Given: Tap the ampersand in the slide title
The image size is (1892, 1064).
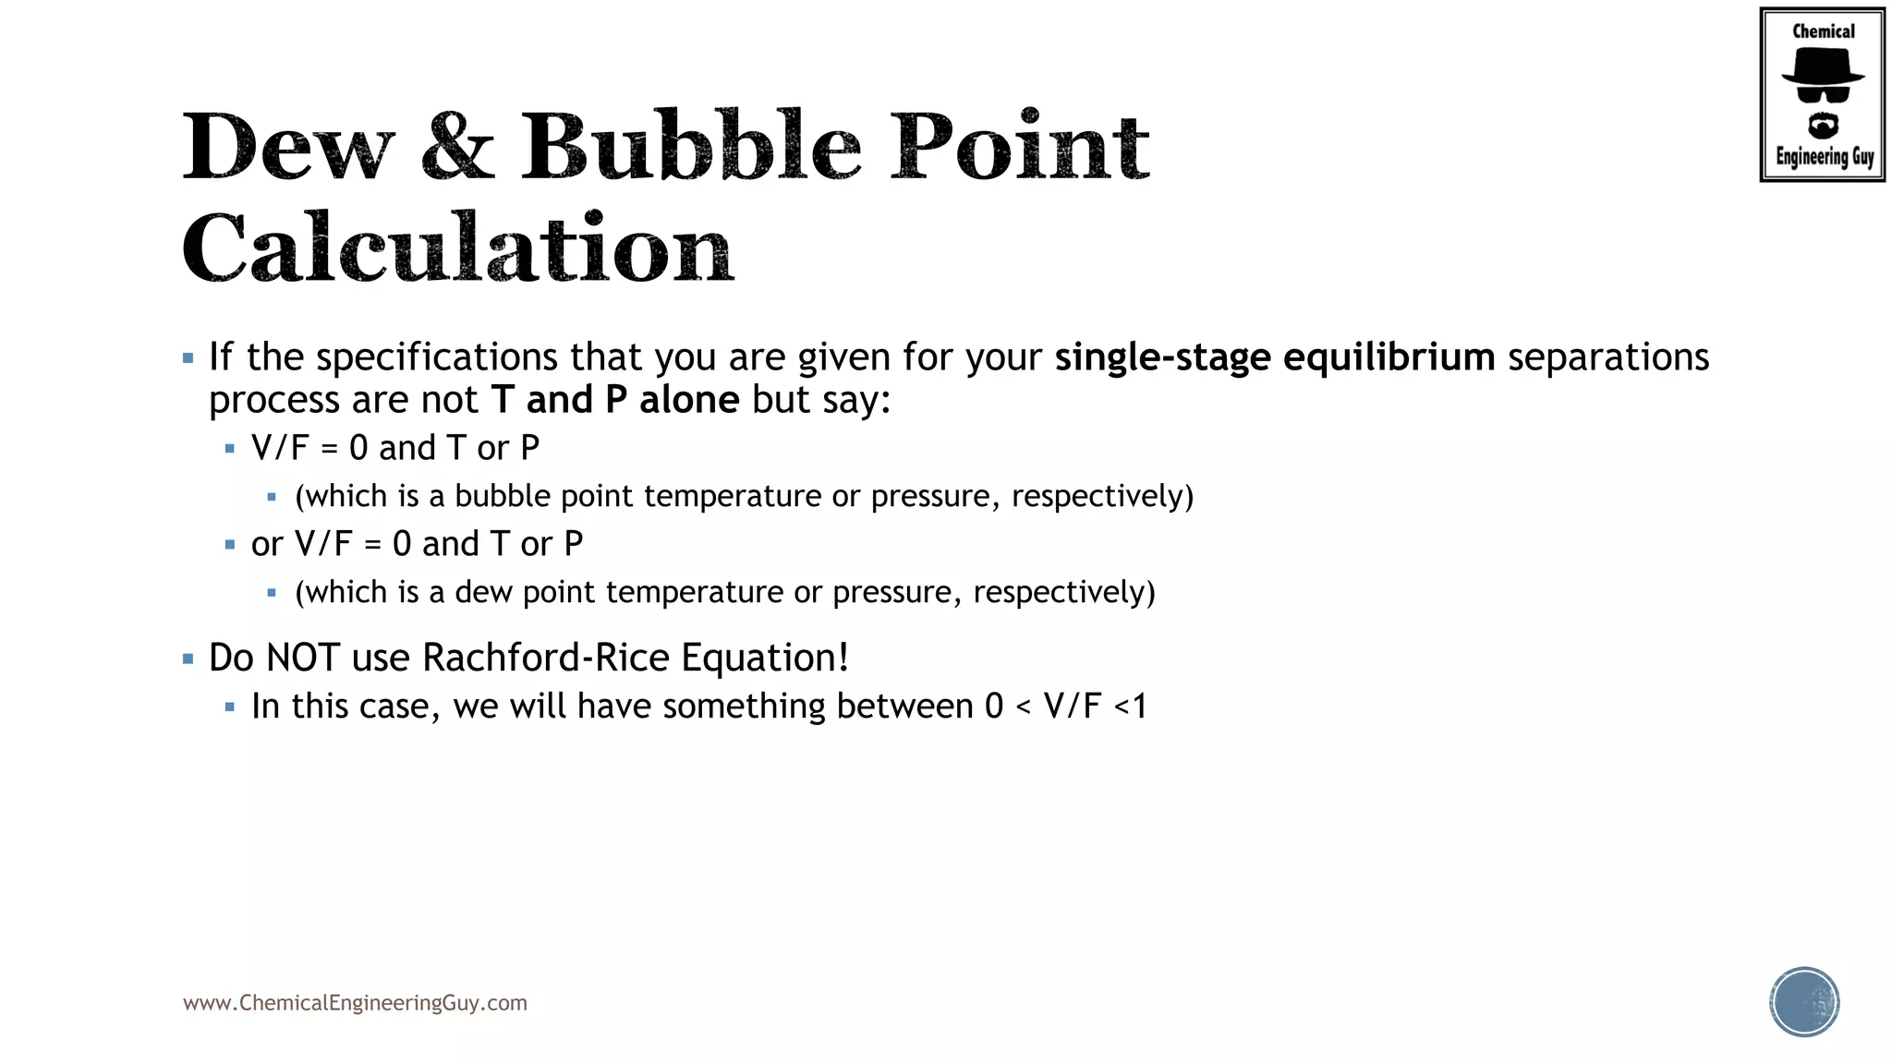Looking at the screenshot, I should [458, 147].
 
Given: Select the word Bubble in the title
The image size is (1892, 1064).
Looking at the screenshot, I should [691, 147].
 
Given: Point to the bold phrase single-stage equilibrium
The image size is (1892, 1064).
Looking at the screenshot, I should [1275, 357].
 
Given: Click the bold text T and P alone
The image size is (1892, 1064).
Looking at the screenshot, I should [615, 400].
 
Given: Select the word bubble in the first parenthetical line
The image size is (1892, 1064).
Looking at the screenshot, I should [503, 496].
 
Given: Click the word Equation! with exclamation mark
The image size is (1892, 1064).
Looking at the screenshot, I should [765, 658].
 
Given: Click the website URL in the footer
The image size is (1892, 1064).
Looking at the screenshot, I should [355, 1003].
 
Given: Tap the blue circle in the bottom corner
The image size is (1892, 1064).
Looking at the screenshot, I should [1804, 1002].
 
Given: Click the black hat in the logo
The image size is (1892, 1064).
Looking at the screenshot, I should [1823, 66].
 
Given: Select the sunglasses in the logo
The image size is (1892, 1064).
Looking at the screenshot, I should [1823, 93].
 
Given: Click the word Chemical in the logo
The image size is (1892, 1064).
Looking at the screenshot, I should [1823, 31].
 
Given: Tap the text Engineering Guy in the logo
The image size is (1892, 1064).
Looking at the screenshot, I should [1824, 157].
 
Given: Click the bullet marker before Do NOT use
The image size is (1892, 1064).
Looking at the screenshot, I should [188, 659].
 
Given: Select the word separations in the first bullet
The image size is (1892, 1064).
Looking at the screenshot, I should [1608, 357].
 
